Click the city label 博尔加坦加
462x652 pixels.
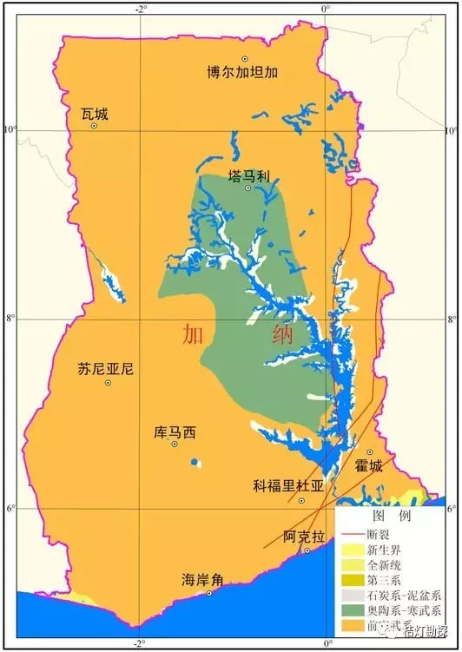(242, 72)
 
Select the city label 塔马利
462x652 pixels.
(249, 175)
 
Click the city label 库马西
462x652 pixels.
(175, 431)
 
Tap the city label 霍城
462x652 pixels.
(368, 466)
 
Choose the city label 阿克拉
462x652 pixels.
(304, 537)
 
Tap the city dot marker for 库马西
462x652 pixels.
(175, 444)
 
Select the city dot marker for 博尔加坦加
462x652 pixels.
(245, 58)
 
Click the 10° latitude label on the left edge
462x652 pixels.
(10, 130)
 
